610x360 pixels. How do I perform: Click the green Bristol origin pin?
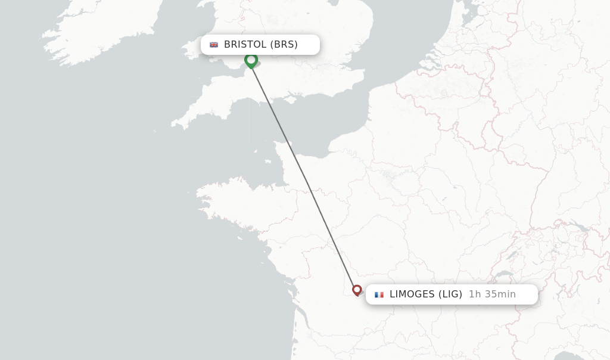pyautogui.click(x=251, y=60)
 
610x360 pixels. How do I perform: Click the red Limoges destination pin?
pyautogui.click(x=357, y=290)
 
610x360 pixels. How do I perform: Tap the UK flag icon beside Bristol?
pyautogui.click(x=214, y=45)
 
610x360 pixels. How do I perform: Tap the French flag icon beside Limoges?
pyautogui.click(x=379, y=294)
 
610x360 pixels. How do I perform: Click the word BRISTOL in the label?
pyautogui.click(x=245, y=45)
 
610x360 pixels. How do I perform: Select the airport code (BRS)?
pyautogui.click(x=284, y=45)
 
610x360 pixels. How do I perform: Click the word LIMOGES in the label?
pyautogui.click(x=412, y=294)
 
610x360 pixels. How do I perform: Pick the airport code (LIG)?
pyautogui.click(x=450, y=294)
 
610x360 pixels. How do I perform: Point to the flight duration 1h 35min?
pyautogui.click(x=492, y=294)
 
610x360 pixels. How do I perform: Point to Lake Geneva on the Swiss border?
pyautogui.click(x=504, y=275)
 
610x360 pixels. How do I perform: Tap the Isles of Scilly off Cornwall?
pyautogui.click(x=154, y=131)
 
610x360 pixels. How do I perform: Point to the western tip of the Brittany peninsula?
pyautogui.click(x=197, y=192)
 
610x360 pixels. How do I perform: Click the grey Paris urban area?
pyautogui.click(x=390, y=176)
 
